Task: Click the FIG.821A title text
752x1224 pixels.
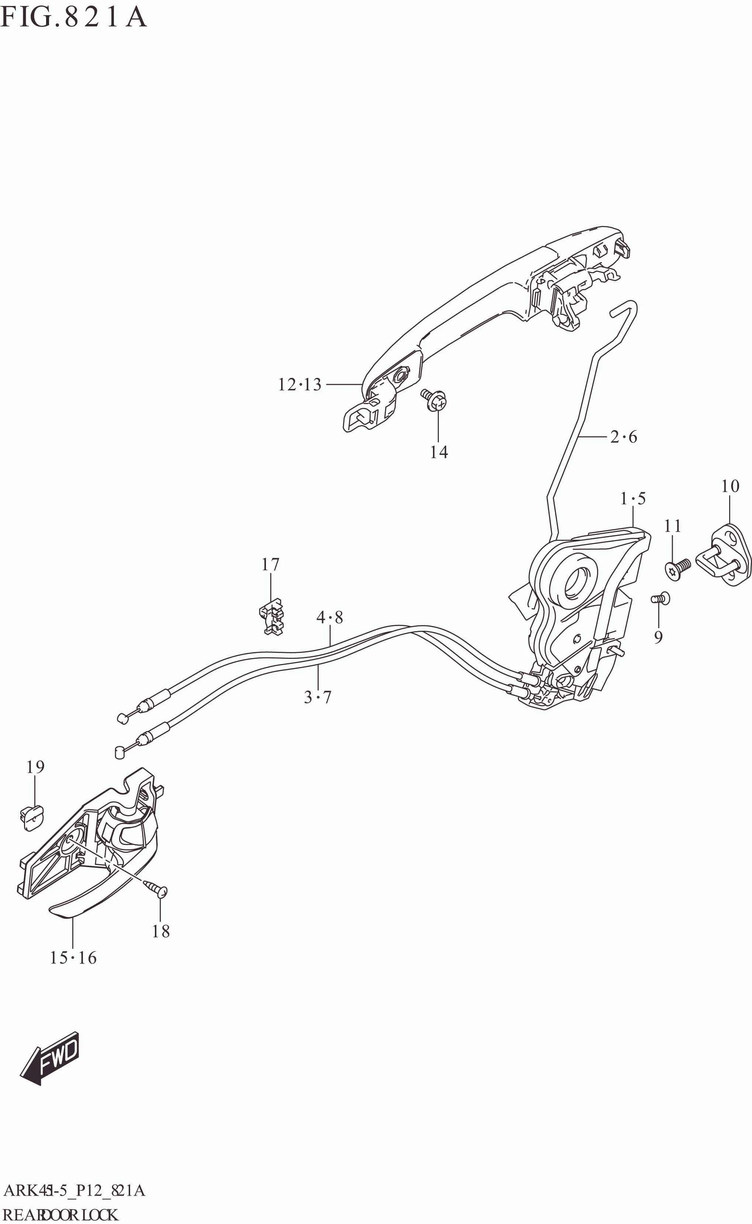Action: [74, 17]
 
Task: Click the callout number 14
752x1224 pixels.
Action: [439, 452]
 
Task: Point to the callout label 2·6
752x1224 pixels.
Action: [624, 437]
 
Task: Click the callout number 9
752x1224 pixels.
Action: [658, 637]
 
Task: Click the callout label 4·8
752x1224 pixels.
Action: [330, 618]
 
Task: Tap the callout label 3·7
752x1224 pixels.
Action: [317, 697]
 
